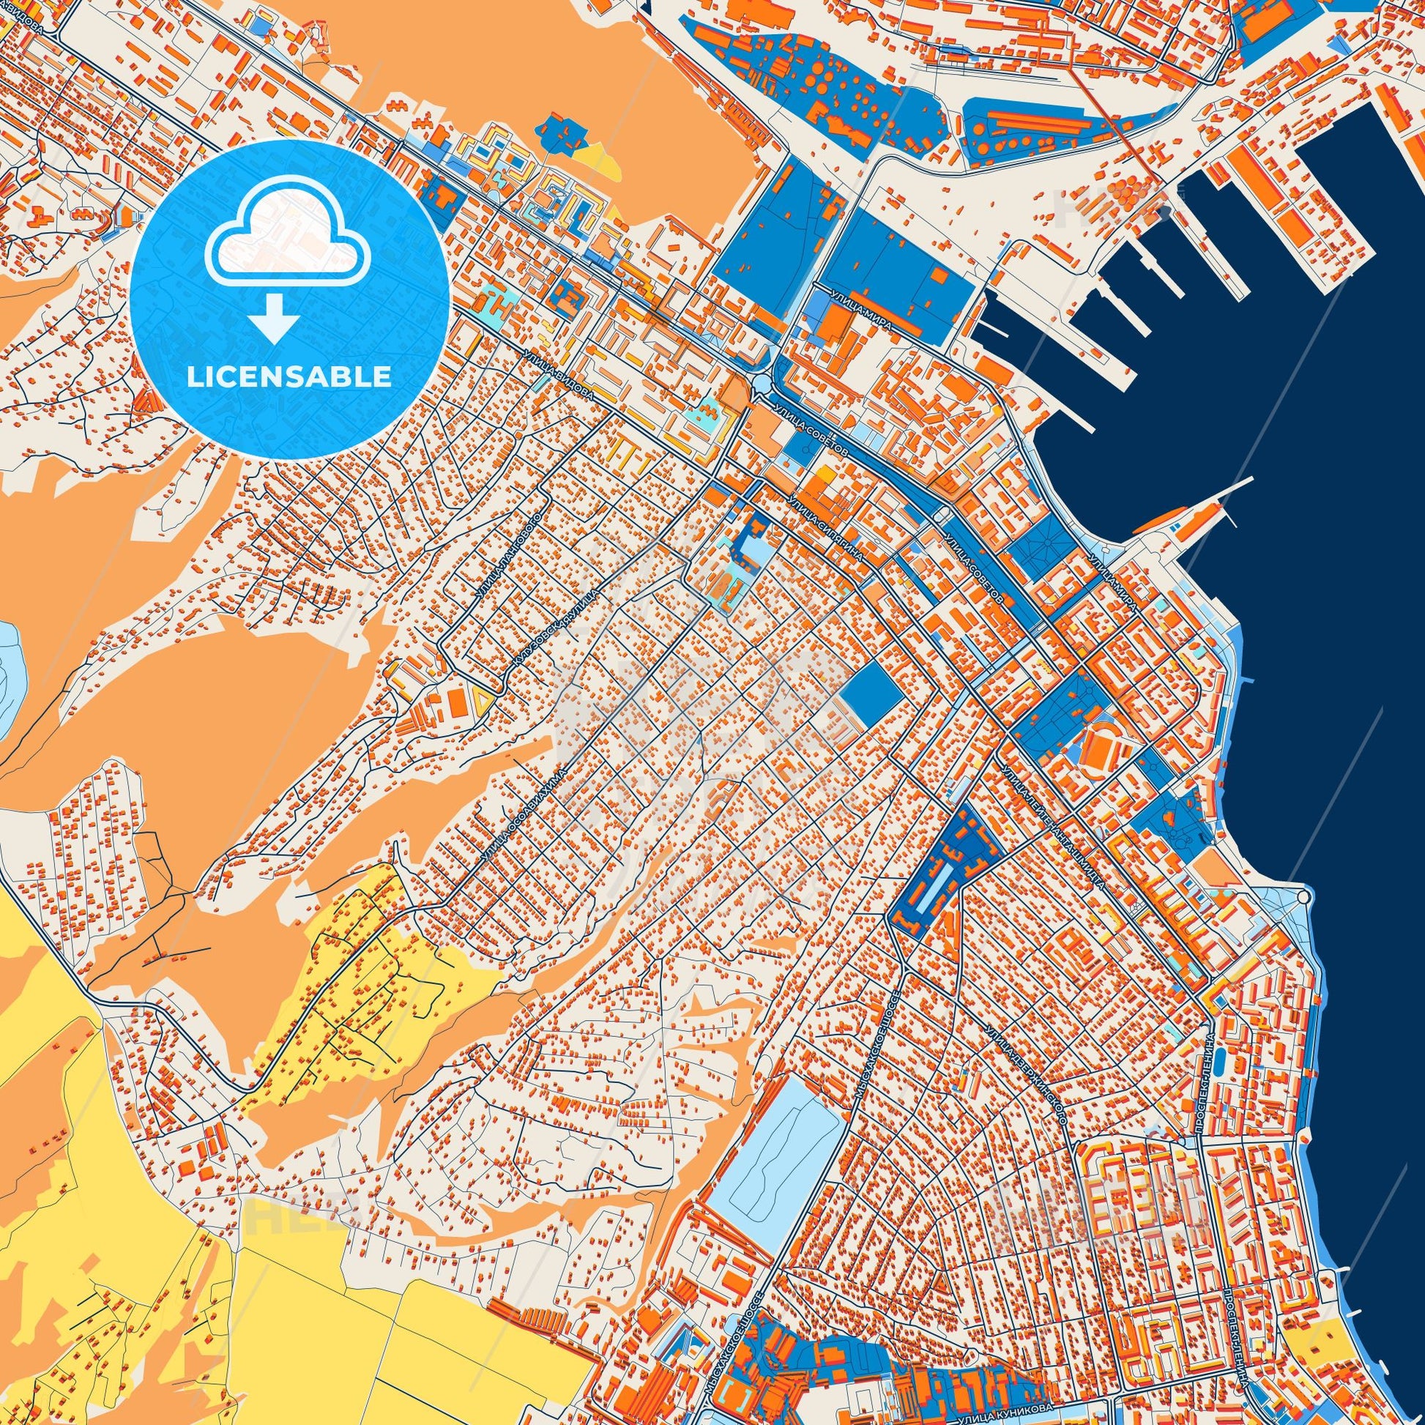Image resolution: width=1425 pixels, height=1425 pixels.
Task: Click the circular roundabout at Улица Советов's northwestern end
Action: click(761, 384)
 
